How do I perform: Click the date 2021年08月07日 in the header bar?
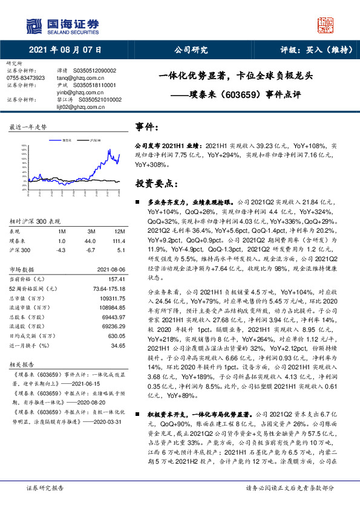(65, 50)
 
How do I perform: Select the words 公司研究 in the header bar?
(192, 50)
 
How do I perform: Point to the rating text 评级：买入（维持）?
(309, 50)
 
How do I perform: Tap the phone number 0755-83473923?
(25, 78)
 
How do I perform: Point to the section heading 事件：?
(148, 128)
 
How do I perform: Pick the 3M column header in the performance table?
(91, 232)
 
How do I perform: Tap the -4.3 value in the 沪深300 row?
(61, 249)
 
